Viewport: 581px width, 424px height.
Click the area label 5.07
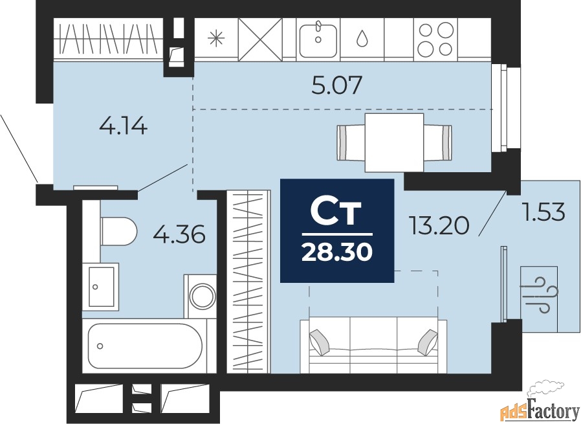pos(336,85)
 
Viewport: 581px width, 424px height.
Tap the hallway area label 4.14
pos(124,126)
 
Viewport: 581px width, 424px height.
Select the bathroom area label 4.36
pos(179,234)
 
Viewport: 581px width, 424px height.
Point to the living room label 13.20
pos(439,226)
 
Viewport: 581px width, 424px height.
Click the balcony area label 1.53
pos(545,212)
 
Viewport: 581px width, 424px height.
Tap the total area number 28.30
pos(337,252)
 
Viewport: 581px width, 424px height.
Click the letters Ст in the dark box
pos(336,213)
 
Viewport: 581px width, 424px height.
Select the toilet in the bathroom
pos(118,231)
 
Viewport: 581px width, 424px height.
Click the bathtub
pos(145,346)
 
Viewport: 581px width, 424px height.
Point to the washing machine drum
pos(203,296)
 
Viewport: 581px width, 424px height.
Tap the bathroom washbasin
pos(100,287)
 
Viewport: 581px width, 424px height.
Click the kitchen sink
pos(318,40)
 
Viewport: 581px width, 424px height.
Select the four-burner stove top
pos(435,39)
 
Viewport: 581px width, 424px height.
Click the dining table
pos(394,142)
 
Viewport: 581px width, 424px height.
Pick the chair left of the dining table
pos(351,142)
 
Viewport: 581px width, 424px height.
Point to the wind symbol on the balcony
pos(539,295)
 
